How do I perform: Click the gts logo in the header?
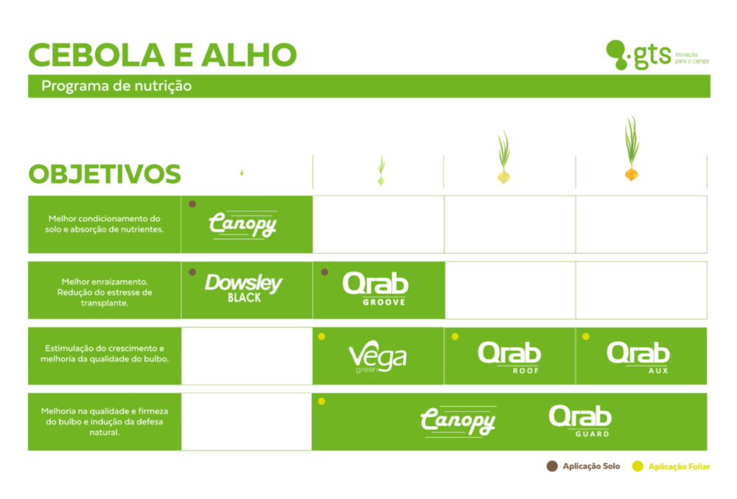tap(657, 55)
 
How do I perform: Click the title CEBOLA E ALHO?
tap(163, 55)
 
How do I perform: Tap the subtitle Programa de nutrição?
tap(116, 86)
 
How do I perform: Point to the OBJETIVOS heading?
tap(105, 174)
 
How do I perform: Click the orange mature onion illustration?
tap(632, 149)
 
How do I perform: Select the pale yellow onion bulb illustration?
tap(504, 157)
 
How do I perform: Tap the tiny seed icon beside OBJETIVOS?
tap(242, 173)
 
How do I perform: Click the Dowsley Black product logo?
tap(243, 287)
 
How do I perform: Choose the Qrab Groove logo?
tap(376, 289)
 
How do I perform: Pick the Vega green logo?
tap(377, 357)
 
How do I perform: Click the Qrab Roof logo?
tap(509, 357)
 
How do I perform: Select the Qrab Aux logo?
tap(638, 357)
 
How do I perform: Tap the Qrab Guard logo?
tap(581, 421)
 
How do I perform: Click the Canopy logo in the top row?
tap(243, 225)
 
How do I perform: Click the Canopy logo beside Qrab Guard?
tap(458, 422)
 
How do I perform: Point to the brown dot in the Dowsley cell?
tap(192, 272)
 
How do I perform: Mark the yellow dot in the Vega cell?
tap(321, 336)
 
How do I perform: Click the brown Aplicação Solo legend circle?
tap(552, 466)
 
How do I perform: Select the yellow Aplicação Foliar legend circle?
tap(638, 466)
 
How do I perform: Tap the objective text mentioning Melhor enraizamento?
tap(105, 293)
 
